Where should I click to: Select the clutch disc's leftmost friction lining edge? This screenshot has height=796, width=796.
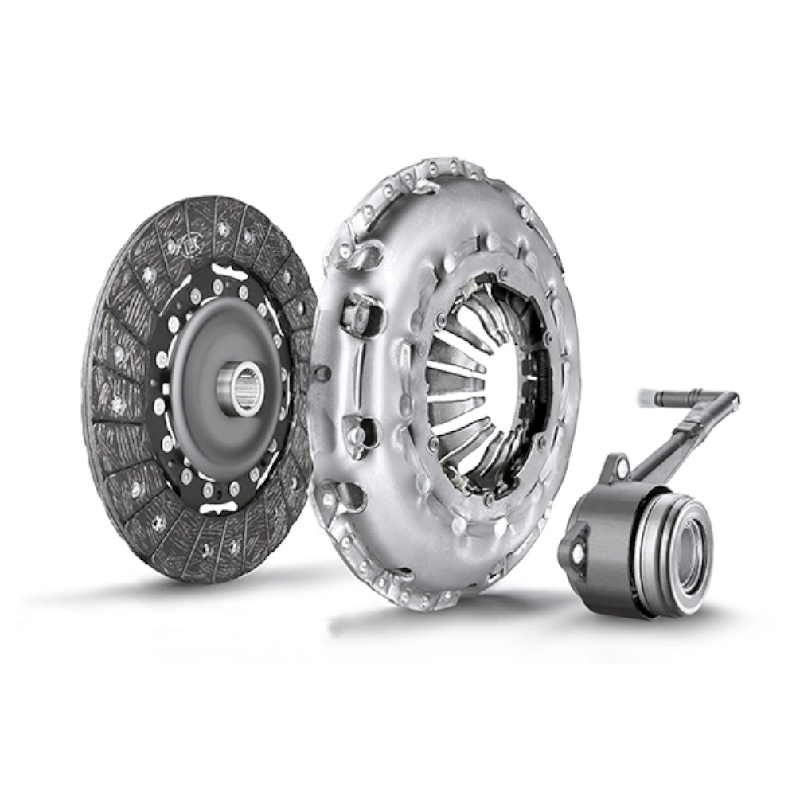click(86, 398)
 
